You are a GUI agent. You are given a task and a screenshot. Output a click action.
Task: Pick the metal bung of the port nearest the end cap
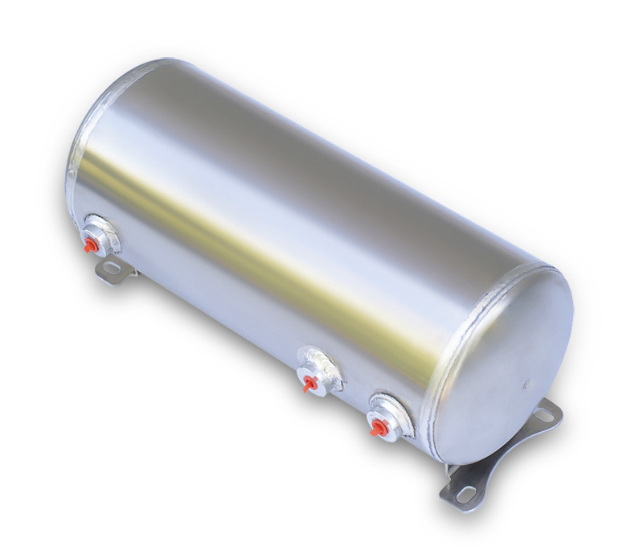(385, 419)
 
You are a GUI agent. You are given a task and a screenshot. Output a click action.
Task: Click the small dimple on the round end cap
(526, 377)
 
